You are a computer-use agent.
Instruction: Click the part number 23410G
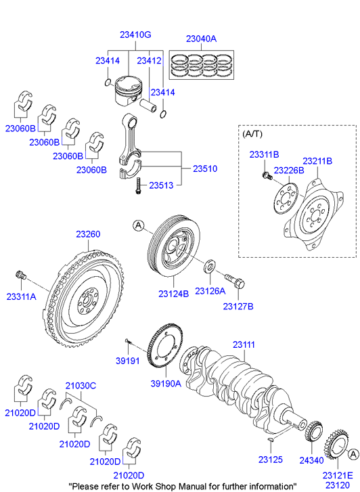[135, 35]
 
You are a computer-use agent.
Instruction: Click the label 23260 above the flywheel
[88, 234]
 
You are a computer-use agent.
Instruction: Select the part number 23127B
[238, 307]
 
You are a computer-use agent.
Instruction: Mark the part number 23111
[244, 344]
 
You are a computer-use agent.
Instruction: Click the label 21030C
[81, 386]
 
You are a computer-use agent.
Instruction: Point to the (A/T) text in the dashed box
[252, 135]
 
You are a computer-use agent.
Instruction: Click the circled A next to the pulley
[138, 225]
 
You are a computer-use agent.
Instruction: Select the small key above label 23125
[270, 441]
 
